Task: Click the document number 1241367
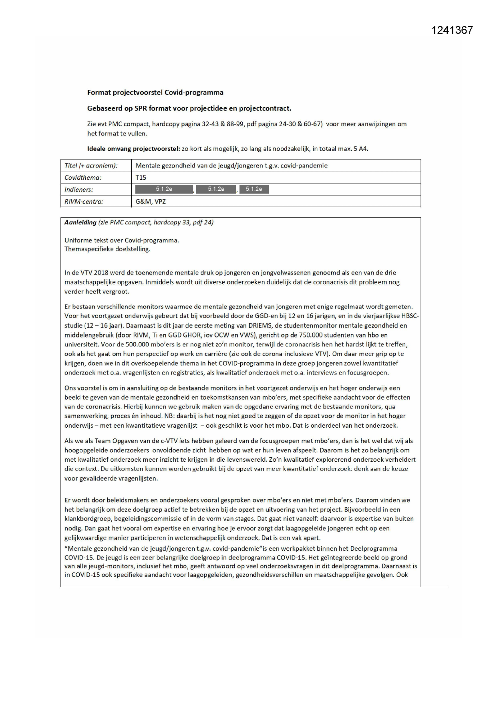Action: click(452, 30)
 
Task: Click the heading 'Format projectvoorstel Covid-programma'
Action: click(155, 93)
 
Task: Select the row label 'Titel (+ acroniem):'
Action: click(91, 166)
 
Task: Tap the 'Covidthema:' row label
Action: click(83, 178)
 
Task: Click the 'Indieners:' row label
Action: click(78, 190)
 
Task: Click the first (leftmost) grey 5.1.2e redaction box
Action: click(164, 189)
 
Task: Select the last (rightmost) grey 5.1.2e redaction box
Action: click(254, 189)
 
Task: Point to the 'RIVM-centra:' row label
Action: click(84, 202)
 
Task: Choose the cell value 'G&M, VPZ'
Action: click(151, 202)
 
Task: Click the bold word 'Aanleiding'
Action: click(80, 222)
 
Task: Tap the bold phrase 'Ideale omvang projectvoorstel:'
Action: click(133, 149)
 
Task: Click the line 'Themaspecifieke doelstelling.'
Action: click(107, 249)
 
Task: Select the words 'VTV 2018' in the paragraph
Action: click(90, 273)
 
